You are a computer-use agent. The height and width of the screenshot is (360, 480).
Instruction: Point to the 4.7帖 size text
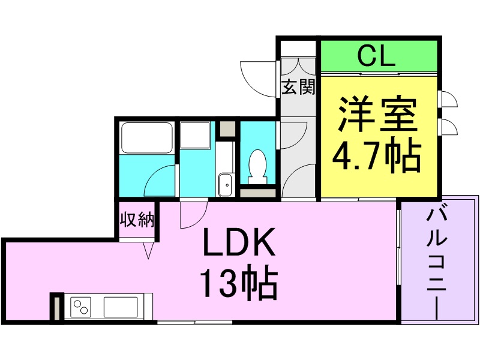(377, 157)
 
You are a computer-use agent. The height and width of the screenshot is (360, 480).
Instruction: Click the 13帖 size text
(238, 284)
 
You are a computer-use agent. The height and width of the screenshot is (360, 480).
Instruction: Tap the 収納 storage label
(137, 220)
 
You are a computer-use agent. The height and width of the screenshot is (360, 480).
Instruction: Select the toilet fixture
(258, 166)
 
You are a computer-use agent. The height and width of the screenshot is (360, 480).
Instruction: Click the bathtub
(147, 138)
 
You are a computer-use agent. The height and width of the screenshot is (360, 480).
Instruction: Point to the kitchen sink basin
(120, 307)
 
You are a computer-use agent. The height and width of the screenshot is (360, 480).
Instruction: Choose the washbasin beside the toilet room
(226, 184)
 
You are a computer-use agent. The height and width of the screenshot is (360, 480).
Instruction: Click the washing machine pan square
(196, 136)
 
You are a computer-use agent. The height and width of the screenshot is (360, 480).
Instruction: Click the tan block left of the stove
(56, 308)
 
